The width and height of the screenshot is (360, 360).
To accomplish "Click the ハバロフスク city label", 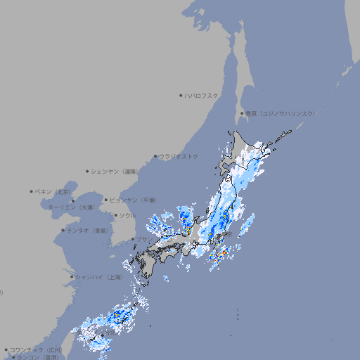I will click(202, 95).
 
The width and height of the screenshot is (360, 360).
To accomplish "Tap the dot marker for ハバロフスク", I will click(181, 95).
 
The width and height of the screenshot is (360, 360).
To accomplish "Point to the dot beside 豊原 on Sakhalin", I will click(242, 113).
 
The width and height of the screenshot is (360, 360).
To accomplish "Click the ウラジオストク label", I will click(179, 156).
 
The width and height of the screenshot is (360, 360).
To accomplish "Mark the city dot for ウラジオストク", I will click(155, 156).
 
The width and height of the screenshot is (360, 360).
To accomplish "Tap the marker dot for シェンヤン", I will click(88, 171).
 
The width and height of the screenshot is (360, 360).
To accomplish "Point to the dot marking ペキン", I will click(32, 191).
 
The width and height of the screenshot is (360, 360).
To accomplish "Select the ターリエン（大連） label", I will click(71, 207).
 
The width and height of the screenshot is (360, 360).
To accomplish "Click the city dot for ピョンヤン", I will click(106, 200).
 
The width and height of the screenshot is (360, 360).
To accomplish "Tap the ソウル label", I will click(127, 216).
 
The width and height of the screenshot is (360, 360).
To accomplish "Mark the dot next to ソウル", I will click(116, 216).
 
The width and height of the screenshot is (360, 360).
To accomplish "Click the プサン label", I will click(143, 240).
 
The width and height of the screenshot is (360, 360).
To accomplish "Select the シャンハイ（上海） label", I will click(98, 277).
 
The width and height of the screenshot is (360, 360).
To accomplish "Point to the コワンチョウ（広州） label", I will click(35, 349).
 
